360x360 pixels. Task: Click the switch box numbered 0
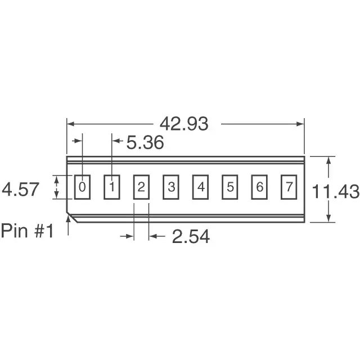tap(83, 187)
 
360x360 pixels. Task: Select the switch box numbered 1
tap(112, 187)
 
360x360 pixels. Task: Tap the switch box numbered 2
tap(141, 187)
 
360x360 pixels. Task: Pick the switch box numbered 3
tap(171, 187)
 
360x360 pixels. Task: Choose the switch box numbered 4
tap(200, 187)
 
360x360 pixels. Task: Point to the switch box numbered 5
tap(229, 187)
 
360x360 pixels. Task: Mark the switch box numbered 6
tap(259, 187)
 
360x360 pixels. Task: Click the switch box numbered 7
tap(288, 187)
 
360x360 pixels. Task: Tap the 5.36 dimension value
tap(145, 143)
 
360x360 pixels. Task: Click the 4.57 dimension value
tap(21, 189)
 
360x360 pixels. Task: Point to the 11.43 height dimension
tap(336, 192)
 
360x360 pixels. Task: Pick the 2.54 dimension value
tap(191, 237)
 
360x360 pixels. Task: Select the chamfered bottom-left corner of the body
tap(71, 217)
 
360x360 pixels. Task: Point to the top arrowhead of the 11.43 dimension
tap(328, 160)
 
